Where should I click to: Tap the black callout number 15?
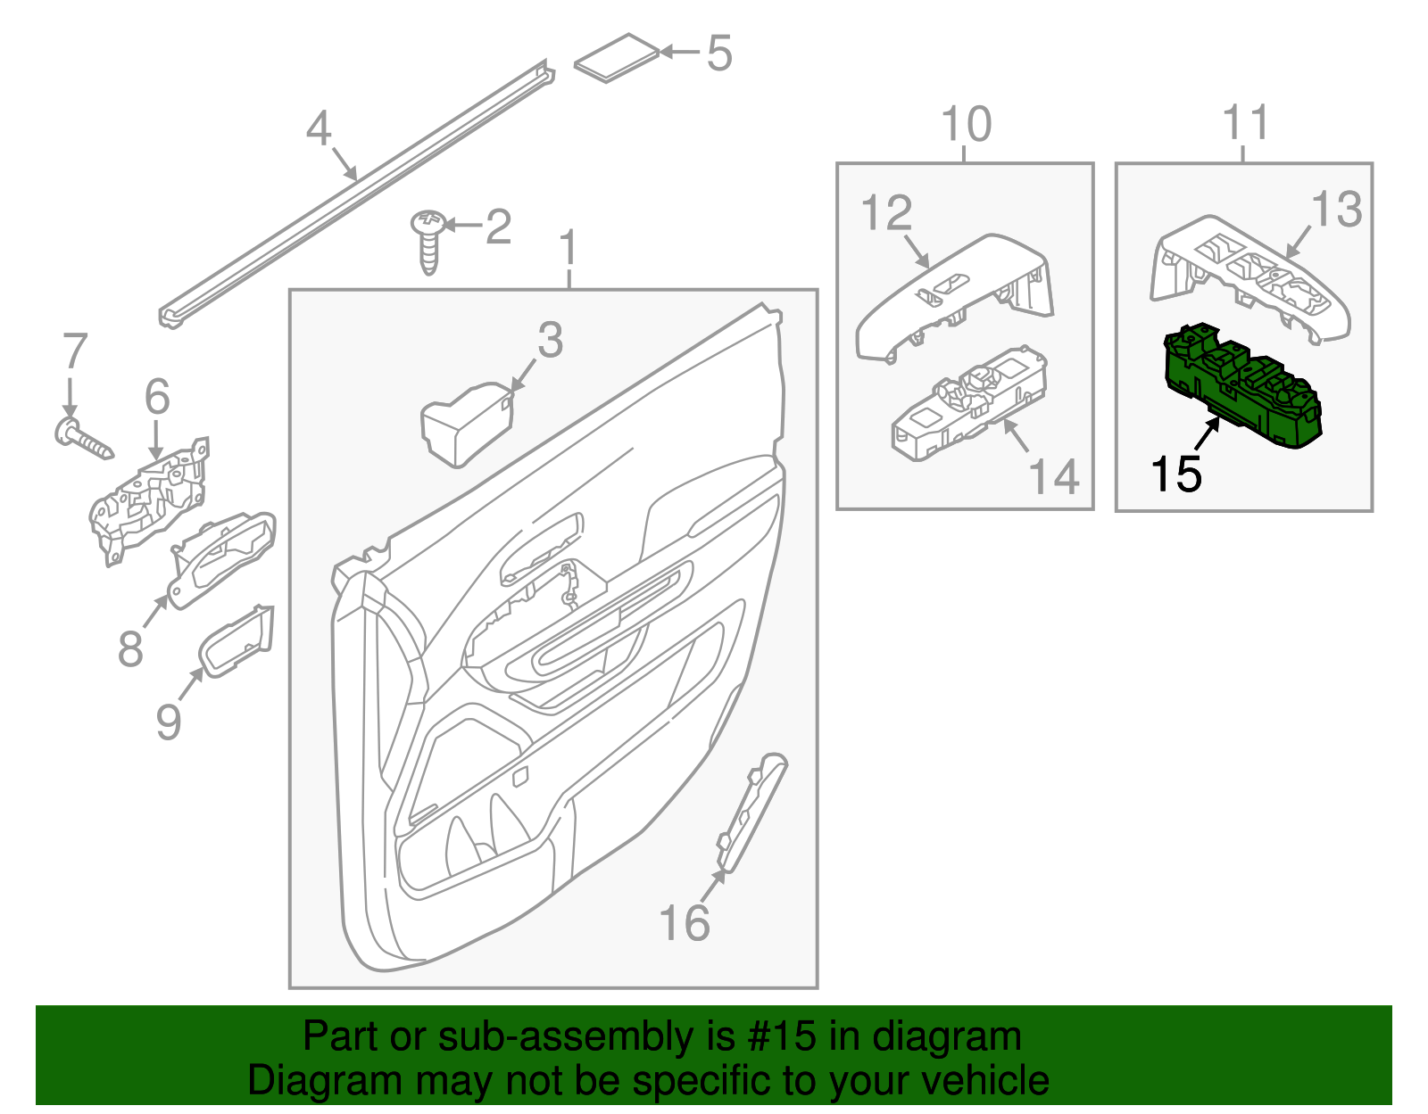pyautogui.click(x=1175, y=474)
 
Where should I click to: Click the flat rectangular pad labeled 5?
pyautogui.click(x=617, y=59)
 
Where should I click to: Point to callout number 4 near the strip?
pyautogui.click(x=319, y=129)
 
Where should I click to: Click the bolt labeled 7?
pyautogui.click(x=85, y=440)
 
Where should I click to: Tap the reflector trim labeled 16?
pyautogui.click(x=752, y=812)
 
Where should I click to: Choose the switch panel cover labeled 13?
pyautogui.click(x=1249, y=276)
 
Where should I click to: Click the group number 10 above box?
pyautogui.click(x=966, y=125)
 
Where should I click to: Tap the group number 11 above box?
pyautogui.click(x=1245, y=122)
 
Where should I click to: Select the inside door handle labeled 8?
pyautogui.click(x=223, y=558)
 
